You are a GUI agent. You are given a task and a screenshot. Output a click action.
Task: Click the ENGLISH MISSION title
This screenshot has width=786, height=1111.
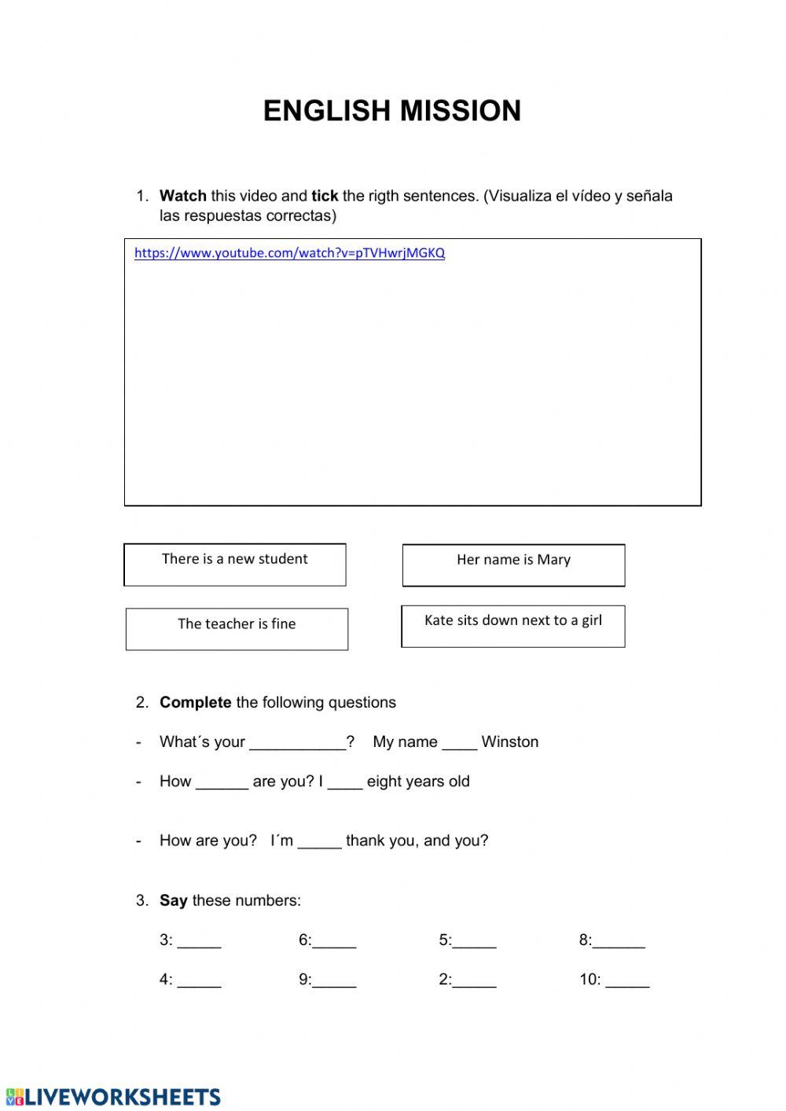tap(392, 111)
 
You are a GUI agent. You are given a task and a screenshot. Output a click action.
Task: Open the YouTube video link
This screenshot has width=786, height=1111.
tap(289, 253)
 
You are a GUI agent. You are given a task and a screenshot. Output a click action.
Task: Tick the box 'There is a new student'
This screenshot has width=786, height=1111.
tap(235, 565)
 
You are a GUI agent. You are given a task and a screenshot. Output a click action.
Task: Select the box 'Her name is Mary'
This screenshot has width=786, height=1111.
tap(513, 565)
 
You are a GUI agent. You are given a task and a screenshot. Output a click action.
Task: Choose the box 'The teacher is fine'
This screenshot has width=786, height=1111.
tap(237, 629)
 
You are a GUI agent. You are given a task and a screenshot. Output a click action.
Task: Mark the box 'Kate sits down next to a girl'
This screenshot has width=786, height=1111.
tap(513, 626)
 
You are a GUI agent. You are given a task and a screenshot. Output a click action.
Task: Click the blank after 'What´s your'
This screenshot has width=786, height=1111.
tap(297, 743)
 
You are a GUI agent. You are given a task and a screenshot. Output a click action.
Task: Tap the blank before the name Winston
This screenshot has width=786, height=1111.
tap(459, 743)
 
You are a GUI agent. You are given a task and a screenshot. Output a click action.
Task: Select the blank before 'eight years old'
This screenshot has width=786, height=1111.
tap(345, 782)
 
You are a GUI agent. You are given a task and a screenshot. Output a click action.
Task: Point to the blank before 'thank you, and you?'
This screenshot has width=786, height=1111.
tap(320, 841)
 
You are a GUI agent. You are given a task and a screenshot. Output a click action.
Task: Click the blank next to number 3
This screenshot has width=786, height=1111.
tap(199, 941)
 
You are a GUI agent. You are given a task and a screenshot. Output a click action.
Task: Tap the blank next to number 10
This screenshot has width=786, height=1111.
tap(627, 980)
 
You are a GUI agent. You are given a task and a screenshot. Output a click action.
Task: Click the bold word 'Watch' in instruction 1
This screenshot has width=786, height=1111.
tap(182, 196)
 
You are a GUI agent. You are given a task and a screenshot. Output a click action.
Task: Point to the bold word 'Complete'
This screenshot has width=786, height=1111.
tap(195, 702)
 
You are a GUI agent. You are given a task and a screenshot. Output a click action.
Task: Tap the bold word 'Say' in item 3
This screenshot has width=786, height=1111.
tap(173, 900)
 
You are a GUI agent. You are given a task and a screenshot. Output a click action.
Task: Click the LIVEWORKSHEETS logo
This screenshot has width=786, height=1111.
tap(113, 1097)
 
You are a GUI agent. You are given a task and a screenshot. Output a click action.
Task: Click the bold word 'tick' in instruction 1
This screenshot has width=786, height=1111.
tap(325, 196)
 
